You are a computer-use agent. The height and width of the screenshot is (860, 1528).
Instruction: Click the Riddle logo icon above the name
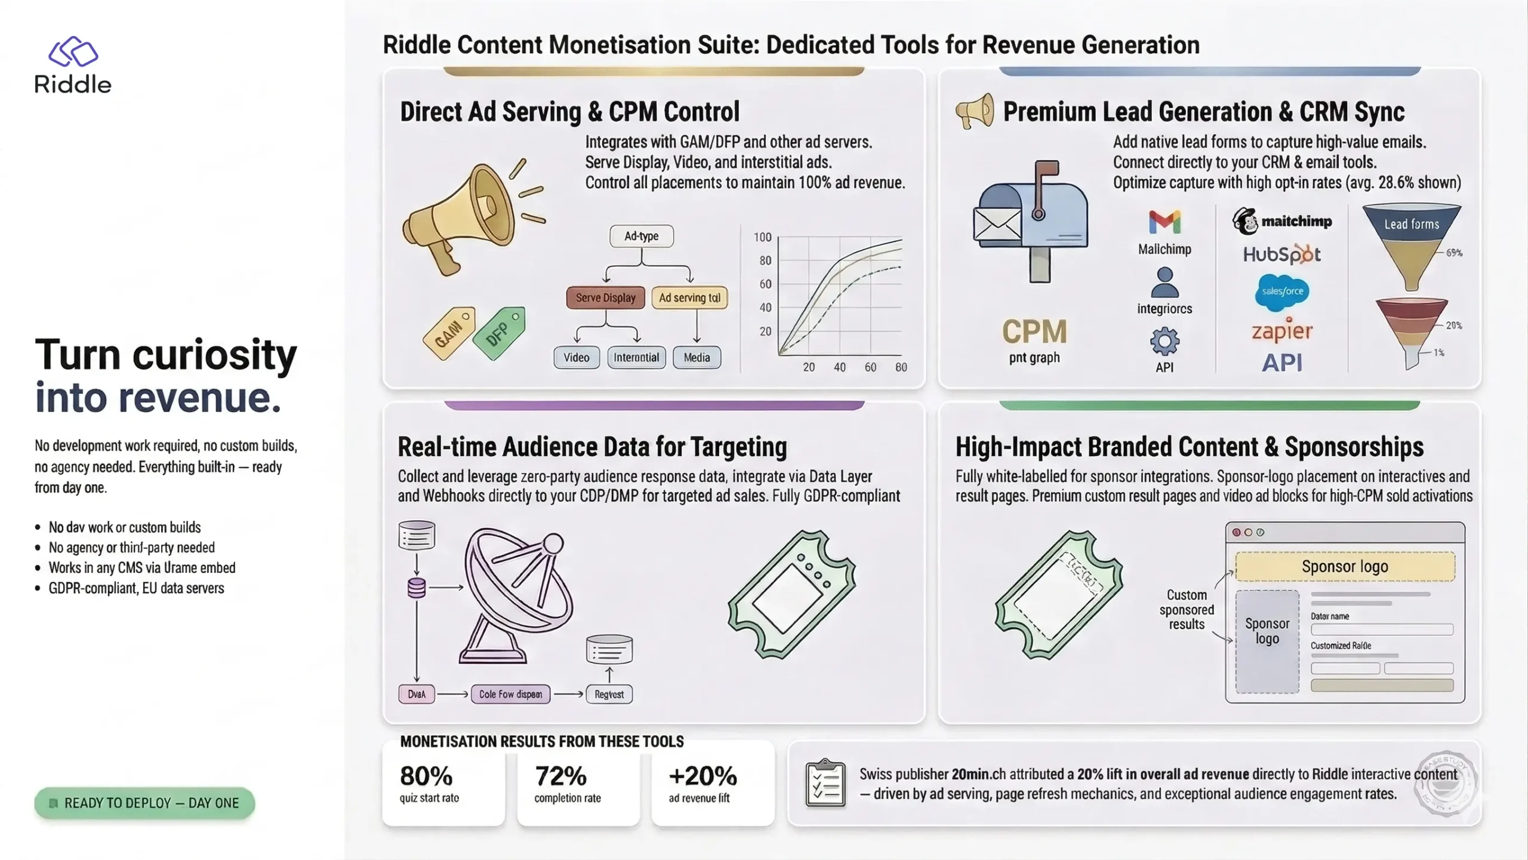pyautogui.click(x=73, y=51)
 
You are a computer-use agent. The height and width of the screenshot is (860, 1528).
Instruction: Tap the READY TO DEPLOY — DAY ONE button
pyautogui.click(x=144, y=803)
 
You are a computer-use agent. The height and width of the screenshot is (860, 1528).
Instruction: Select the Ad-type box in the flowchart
pyautogui.click(x=642, y=236)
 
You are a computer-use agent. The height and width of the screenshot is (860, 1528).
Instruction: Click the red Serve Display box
pyautogui.click(x=605, y=297)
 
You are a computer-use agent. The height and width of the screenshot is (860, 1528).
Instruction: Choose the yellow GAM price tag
pyautogui.click(x=449, y=333)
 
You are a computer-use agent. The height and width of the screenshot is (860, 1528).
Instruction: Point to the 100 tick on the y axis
pyautogui.click(x=762, y=237)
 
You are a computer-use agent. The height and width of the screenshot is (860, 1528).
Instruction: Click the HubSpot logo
pyautogui.click(x=1281, y=254)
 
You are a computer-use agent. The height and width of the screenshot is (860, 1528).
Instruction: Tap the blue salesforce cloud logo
pyautogui.click(x=1282, y=291)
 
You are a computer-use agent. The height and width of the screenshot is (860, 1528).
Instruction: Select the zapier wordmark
pyautogui.click(x=1281, y=330)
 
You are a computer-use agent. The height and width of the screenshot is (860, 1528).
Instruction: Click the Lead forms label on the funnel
pyautogui.click(x=1412, y=224)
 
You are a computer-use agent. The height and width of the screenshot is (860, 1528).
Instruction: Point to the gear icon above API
pyautogui.click(x=1165, y=342)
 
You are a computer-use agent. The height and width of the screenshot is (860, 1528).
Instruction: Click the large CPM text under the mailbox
pyautogui.click(x=1034, y=331)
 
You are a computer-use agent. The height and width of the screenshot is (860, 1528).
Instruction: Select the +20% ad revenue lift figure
pyautogui.click(x=703, y=776)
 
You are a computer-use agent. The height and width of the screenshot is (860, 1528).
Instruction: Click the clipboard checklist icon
pyautogui.click(x=825, y=783)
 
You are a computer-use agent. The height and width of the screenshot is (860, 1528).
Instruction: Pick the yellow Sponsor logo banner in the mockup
pyautogui.click(x=1345, y=566)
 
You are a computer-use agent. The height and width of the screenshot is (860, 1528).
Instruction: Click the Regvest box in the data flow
pyautogui.click(x=609, y=694)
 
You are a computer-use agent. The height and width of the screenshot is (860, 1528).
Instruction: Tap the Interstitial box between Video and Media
pyautogui.click(x=636, y=357)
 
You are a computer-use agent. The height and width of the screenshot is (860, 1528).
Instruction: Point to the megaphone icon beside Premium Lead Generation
pyautogui.click(x=975, y=111)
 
